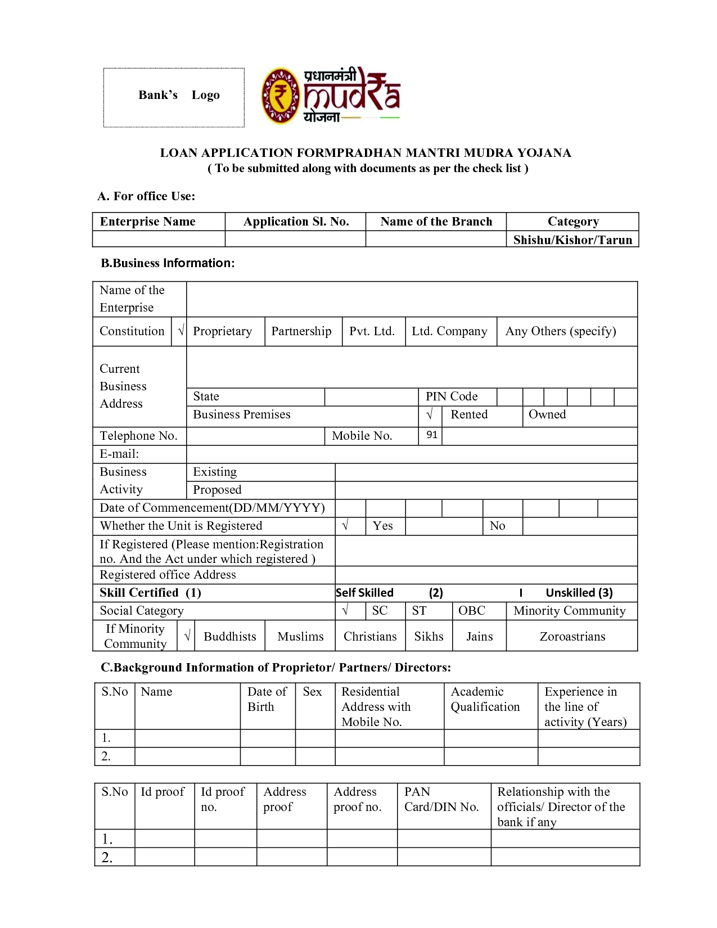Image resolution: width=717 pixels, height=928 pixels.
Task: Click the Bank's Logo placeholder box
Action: pos(174,97)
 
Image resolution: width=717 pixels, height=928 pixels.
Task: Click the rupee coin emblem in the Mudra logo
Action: pos(280,96)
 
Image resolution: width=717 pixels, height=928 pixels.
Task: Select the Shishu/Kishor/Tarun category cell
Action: pos(572,240)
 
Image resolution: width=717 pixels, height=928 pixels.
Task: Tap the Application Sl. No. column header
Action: pos(296,222)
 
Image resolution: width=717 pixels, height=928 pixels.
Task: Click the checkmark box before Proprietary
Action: pos(181,331)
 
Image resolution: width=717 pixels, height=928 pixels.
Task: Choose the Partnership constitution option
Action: pos(301,331)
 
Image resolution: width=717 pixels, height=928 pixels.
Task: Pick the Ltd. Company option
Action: pos(449,331)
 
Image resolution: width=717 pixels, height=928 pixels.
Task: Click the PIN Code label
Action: pos(452,397)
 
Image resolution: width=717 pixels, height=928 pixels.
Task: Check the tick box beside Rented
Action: pos(430,415)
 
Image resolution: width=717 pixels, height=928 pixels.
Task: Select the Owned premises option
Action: pos(547,415)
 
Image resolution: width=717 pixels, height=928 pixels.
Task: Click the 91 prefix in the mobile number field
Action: pos(431,435)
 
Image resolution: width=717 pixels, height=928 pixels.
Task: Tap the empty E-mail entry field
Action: pos(412,454)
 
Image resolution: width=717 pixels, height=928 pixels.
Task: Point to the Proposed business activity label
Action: pos(217,490)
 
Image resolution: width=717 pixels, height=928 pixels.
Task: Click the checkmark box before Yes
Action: pos(345,526)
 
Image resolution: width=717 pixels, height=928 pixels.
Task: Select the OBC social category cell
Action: pos(472,611)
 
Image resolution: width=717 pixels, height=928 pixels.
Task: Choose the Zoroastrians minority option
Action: pos(572,637)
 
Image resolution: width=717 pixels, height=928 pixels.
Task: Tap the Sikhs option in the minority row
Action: pos(429,637)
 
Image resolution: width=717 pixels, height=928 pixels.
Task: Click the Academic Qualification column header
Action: pos(485,700)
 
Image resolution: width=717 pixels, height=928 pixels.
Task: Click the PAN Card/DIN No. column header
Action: pos(441,800)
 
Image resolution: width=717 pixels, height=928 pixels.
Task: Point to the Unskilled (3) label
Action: pos(579,593)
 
